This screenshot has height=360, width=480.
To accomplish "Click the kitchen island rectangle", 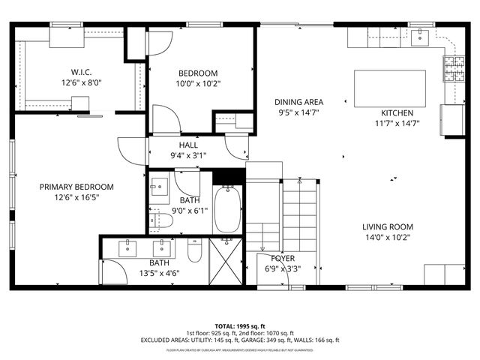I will point(389,86).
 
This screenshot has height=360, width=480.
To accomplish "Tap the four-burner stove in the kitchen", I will point(454,69).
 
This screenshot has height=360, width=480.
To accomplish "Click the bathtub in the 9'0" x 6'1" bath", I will point(227,211).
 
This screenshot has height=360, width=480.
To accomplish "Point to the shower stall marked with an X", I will point(225,260).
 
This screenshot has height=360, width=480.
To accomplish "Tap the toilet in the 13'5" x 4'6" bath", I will point(193,252).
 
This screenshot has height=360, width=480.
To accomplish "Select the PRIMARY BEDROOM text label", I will point(76,187).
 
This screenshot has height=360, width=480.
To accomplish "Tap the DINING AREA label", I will point(298,103).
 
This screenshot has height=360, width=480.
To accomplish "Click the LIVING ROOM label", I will point(388,227).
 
